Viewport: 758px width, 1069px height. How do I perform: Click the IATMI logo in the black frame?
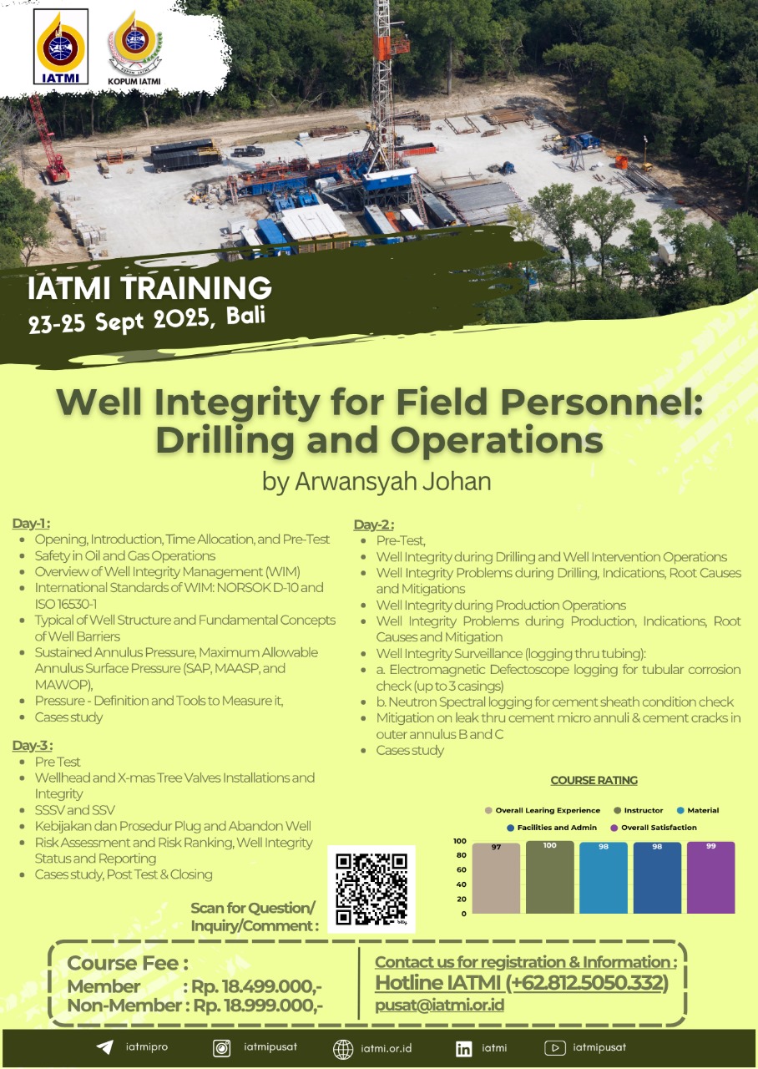[61, 47]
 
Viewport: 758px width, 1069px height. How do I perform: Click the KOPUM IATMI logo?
[134, 48]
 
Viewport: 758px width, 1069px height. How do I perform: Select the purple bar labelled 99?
[710, 877]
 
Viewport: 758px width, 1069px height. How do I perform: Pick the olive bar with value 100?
[549, 877]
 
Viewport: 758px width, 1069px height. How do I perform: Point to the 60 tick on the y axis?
[461, 869]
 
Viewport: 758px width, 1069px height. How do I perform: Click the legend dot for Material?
[680, 810]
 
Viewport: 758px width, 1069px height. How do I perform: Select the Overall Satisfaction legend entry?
[654, 828]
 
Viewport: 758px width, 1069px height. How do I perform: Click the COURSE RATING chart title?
[594, 780]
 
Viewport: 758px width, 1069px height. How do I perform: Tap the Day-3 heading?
[33, 746]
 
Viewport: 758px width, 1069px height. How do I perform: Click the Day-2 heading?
[374, 524]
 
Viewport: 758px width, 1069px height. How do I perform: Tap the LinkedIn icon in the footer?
[463, 1049]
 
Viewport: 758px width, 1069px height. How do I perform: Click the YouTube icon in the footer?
[555, 1048]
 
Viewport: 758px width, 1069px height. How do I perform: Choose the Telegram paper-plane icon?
[105, 1047]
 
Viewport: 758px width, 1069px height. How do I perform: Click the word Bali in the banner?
[246, 316]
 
